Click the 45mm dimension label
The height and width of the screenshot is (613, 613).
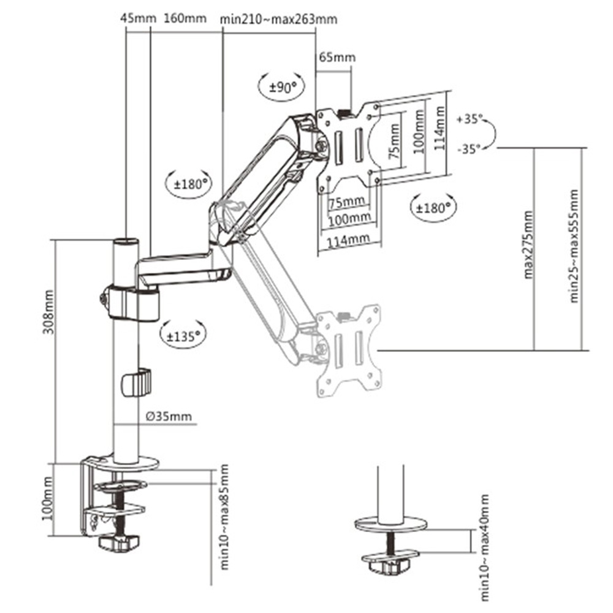pyautogui.click(x=138, y=18)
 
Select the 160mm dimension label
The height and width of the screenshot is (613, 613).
pyautogui.click(x=185, y=18)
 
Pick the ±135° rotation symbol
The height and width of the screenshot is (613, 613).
pyautogui.click(x=183, y=335)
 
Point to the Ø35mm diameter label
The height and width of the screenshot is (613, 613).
pyautogui.click(x=169, y=417)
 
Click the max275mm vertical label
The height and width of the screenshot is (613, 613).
pyautogui.click(x=528, y=245)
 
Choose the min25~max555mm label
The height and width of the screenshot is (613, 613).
pyautogui.click(x=574, y=245)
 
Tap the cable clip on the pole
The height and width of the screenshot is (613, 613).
pyautogui.click(x=136, y=383)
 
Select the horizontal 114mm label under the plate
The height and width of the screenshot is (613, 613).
pyautogui.click(x=345, y=241)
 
